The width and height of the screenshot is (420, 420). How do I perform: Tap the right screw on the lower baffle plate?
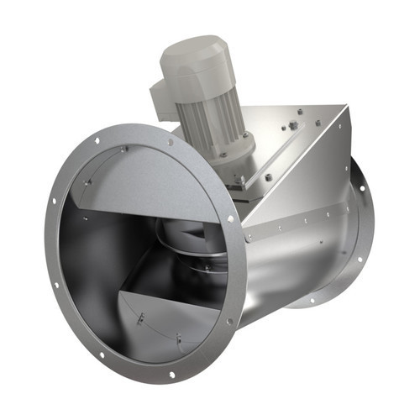tap(179, 339)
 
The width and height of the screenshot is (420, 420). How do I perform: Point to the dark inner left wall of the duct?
tap(80, 252)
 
